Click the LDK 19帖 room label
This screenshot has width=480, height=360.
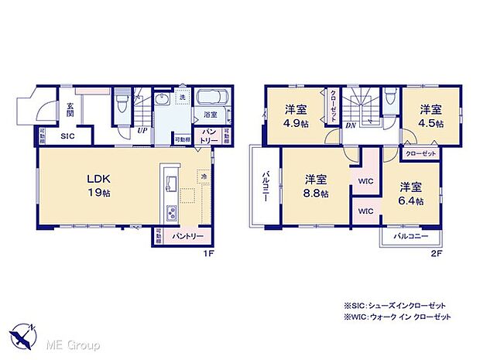pos(98,186)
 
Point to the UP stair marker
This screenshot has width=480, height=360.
pos(142,131)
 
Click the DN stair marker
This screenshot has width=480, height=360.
pos(351,126)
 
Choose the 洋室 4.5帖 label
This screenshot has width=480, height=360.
pos(432,115)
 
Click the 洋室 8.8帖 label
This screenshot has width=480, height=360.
pos(316,187)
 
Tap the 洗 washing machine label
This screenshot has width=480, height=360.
pos(182,98)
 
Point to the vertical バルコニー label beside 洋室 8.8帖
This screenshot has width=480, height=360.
pos(264,187)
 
